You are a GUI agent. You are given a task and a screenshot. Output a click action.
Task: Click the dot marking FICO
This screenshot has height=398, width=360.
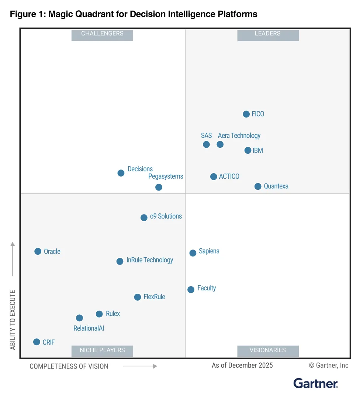[x=246, y=114]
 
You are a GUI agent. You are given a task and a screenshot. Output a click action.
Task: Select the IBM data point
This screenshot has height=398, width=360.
[x=248, y=150]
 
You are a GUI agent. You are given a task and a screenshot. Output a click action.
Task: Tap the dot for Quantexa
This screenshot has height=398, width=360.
[x=258, y=186]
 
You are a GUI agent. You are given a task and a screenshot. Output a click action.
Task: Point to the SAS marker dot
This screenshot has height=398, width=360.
[x=207, y=144]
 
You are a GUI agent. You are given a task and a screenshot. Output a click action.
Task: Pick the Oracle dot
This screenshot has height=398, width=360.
[x=38, y=251]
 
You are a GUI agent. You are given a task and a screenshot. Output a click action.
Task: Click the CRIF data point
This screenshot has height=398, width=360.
[x=37, y=342]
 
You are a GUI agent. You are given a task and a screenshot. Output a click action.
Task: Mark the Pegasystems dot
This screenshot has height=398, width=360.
[x=159, y=187]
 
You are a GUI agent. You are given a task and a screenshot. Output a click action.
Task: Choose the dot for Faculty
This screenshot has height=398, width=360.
[x=191, y=290]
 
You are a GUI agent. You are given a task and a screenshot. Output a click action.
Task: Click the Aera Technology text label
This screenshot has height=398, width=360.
[x=239, y=136]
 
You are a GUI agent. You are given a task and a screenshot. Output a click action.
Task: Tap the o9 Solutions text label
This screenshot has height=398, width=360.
[x=166, y=216]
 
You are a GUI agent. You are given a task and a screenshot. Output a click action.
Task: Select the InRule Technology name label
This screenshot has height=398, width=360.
[x=150, y=260]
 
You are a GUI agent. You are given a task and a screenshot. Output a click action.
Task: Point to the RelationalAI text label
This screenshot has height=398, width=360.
[x=89, y=328]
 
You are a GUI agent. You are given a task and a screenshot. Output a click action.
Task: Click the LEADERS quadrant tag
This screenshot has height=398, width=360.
[x=268, y=34]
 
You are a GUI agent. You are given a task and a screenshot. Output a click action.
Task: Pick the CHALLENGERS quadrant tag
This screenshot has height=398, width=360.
[x=102, y=34]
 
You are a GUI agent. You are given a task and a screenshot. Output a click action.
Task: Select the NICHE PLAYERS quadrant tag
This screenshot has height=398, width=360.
[x=102, y=350]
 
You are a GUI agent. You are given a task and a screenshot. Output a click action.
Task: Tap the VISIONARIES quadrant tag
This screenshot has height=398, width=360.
[x=268, y=350]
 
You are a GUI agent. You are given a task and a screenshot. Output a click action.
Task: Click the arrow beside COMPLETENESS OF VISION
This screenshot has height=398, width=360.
[x=140, y=366]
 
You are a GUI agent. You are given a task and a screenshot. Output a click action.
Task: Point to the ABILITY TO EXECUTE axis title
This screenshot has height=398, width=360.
[x=13, y=320]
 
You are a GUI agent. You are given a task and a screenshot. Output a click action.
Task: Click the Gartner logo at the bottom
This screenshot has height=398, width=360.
[x=315, y=383]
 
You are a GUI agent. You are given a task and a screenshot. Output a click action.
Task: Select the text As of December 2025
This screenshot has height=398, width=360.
[x=242, y=366]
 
